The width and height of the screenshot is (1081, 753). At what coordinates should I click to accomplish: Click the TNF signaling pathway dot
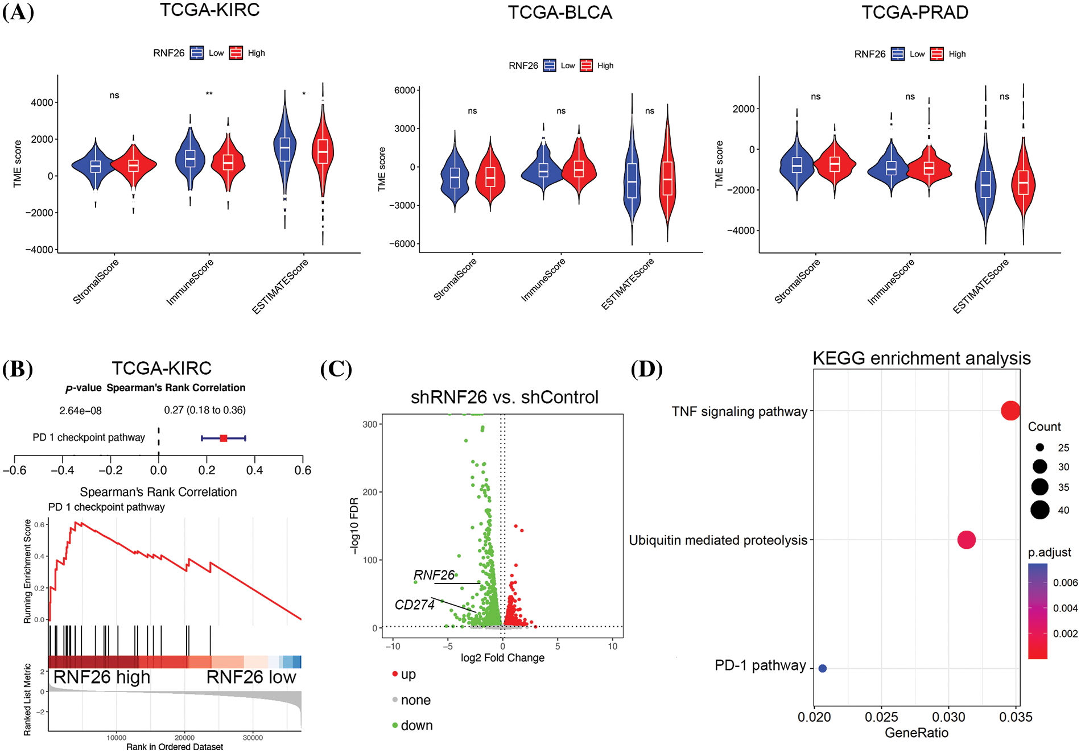[x=1010, y=411]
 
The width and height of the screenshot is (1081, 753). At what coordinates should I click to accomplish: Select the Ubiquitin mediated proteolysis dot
[x=967, y=540]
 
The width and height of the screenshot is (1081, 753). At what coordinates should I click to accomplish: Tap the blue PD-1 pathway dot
[x=822, y=668]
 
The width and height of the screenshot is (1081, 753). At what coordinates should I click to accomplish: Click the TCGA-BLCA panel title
[x=560, y=13]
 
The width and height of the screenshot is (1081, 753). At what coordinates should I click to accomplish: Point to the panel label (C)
[x=336, y=369]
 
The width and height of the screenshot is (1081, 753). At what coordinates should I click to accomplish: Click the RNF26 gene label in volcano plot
[x=434, y=576]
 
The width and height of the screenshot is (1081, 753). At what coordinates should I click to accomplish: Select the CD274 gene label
[x=415, y=605]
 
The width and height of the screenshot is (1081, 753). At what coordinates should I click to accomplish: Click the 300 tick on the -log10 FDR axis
[x=370, y=424]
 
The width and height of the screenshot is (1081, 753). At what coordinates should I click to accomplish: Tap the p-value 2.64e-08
[x=81, y=411]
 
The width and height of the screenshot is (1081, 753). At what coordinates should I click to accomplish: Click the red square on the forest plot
[x=224, y=438]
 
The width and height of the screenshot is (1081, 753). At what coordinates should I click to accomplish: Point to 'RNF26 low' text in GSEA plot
[x=251, y=677]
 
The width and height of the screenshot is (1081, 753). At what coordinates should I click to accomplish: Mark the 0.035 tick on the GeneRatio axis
[x=1016, y=717]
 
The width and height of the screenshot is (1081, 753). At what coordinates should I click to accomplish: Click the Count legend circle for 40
[x=1040, y=510]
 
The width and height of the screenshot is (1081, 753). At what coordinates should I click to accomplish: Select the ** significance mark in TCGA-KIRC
[x=209, y=94]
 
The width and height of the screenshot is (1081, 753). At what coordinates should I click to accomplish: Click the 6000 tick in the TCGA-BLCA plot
[x=405, y=90]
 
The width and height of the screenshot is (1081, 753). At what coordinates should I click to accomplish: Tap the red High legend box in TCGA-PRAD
[x=936, y=54]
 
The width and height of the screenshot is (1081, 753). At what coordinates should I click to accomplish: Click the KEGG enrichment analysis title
[x=921, y=358]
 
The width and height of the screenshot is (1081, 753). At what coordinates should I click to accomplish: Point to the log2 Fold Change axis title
[x=502, y=658]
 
